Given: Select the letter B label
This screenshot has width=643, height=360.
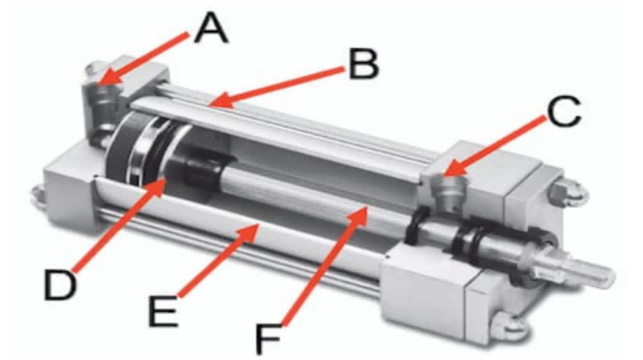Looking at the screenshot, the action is click(x=364, y=63).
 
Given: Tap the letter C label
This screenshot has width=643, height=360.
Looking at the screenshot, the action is click(x=564, y=112).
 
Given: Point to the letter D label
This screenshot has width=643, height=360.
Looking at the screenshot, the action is click(x=60, y=286).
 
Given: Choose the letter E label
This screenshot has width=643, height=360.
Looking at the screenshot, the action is click(x=163, y=310).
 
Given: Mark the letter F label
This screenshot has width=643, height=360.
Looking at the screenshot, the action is click(x=269, y=339).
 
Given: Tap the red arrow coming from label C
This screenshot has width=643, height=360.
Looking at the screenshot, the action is click(x=497, y=146).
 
